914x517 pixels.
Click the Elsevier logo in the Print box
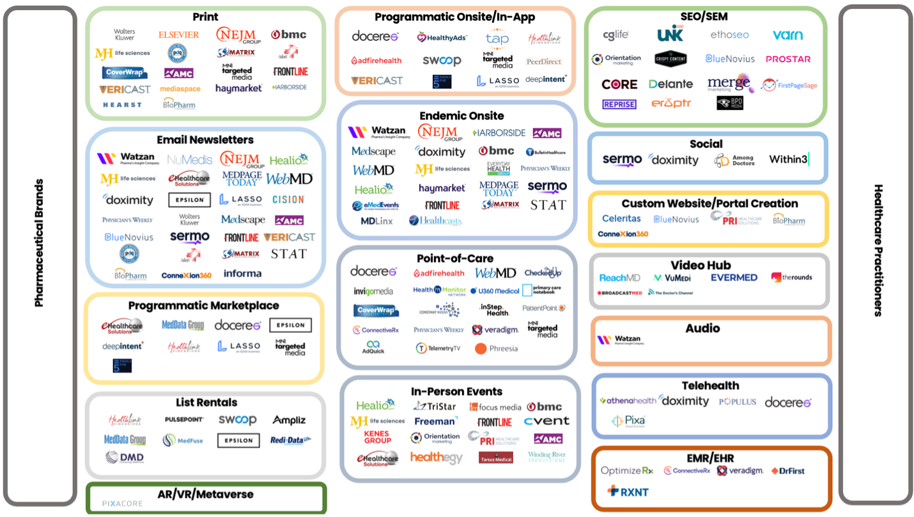(179, 35)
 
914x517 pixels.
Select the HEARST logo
(122, 105)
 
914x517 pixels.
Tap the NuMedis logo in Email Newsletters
(189, 160)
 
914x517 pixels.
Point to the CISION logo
(288, 199)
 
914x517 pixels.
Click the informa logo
(242, 274)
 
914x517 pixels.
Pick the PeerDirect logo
(544, 61)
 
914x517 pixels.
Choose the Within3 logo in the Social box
(789, 159)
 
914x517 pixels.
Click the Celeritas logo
(621, 219)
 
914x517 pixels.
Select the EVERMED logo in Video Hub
(734, 277)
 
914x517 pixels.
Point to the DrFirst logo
(787, 471)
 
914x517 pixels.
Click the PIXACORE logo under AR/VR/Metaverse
(123, 504)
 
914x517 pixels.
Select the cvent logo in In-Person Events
(546, 421)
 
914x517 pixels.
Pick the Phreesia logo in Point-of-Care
(497, 348)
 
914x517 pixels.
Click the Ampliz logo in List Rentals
(289, 420)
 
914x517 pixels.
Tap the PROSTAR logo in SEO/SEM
(787, 59)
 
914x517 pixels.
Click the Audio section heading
(702, 328)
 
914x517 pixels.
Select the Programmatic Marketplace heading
(203, 305)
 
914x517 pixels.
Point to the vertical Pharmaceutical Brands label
(40, 243)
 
